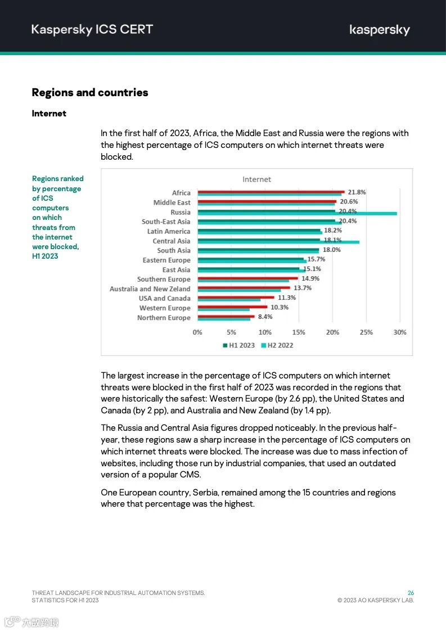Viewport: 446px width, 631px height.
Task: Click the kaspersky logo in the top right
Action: point(380,30)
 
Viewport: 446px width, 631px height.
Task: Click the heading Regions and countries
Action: point(90,93)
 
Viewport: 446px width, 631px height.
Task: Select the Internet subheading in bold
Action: point(49,114)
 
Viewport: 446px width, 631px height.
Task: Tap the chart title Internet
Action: point(256,179)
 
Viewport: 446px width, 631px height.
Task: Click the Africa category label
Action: point(181,193)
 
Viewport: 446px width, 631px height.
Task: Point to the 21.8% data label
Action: point(357,192)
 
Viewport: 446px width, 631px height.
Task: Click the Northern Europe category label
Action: point(164,318)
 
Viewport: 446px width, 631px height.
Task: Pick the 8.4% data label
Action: point(265,317)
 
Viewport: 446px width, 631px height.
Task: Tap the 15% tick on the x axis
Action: point(299,332)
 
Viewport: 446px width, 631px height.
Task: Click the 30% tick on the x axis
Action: point(399,332)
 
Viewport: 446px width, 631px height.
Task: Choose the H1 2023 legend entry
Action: point(239,345)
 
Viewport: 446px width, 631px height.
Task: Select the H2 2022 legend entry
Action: point(277,345)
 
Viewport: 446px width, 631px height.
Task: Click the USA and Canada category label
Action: point(165,299)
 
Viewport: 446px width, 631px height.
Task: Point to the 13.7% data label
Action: point(302,288)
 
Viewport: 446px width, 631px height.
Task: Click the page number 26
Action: point(411,593)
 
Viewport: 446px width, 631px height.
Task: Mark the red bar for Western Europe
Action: point(232,307)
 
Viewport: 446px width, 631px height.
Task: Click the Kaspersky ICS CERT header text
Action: point(92,30)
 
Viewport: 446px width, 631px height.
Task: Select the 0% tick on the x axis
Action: point(197,332)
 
